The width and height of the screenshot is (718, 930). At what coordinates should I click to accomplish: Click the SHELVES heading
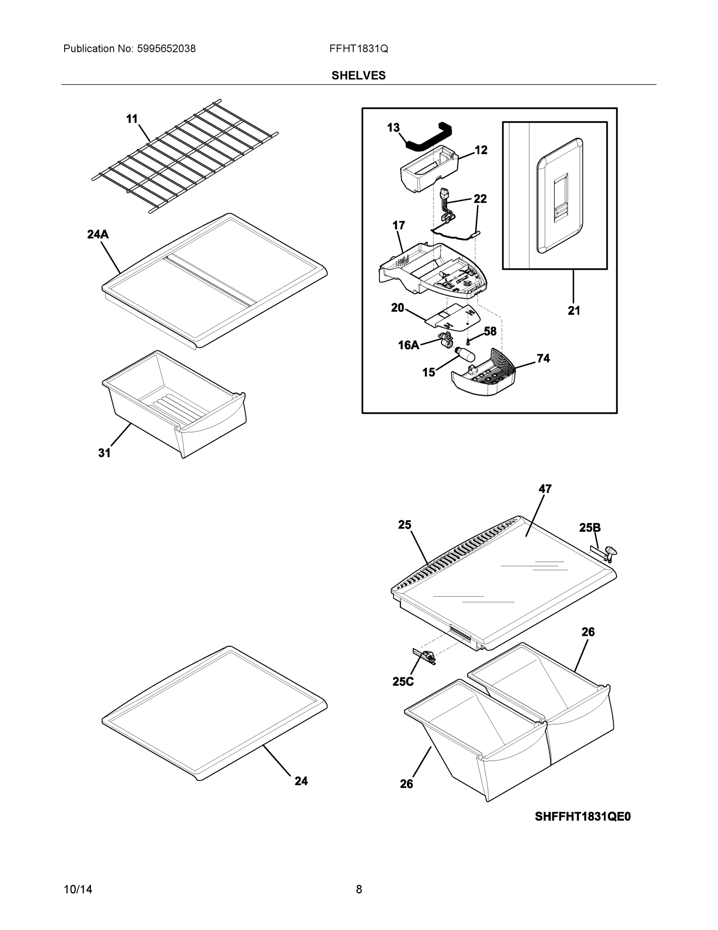[x=358, y=76]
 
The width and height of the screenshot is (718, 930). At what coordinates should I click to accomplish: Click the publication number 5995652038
[x=166, y=48]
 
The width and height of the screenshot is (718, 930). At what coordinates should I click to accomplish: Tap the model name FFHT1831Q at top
[x=358, y=48]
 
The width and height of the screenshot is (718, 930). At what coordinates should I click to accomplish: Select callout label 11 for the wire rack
[x=132, y=119]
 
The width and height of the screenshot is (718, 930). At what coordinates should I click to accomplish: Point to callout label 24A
[x=98, y=234]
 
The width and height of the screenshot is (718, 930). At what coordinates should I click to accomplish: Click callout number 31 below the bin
[x=105, y=453]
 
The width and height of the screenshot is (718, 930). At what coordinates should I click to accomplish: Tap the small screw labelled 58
[x=468, y=341]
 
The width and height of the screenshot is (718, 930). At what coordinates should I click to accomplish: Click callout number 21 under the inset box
[x=573, y=310]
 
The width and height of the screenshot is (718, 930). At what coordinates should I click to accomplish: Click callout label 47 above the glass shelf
[x=545, y=489]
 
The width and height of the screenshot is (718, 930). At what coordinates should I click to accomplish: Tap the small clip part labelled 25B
[x=606, y=555]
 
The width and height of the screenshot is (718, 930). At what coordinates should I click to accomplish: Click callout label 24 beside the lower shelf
[x=301, y=781]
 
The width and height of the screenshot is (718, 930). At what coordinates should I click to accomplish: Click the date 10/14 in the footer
[x=78, y=889]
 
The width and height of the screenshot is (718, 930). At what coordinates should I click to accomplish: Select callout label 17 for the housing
[x=399, y=225]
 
